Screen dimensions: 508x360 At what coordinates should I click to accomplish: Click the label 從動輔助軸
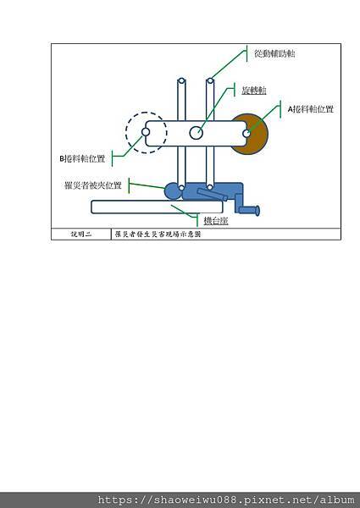274,53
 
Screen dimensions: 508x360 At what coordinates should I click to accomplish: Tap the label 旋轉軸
254,88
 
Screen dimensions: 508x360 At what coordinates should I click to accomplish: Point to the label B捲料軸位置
83,158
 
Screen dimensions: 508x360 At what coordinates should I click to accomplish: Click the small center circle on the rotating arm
196,132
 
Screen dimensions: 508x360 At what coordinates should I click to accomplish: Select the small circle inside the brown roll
246,133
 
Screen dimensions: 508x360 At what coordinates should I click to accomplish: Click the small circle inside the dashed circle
147,132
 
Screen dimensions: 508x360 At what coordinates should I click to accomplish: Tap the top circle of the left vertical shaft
181,82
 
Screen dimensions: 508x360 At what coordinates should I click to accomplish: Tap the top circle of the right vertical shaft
209,82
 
